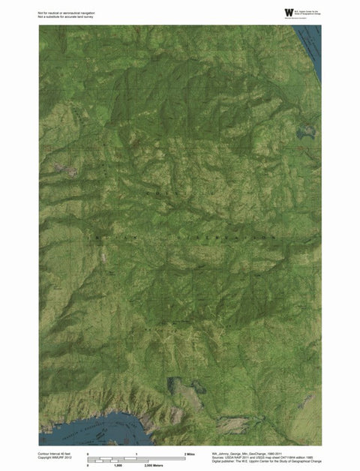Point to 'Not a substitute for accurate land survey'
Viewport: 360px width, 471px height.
point(65,16)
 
